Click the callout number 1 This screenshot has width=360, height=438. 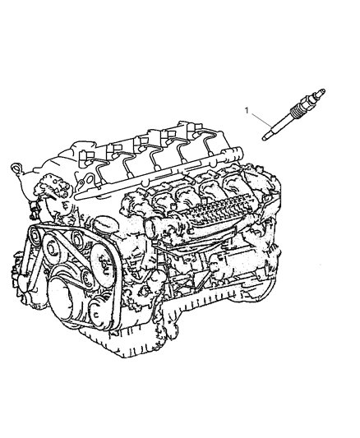pyautogui.click(x=247, y=111)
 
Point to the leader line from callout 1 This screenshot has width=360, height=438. pyautogui.click(x=261, y=120)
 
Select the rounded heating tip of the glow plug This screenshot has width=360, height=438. pyautogui.click(x=265, y=138)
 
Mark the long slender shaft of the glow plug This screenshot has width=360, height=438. pyautogui.click(x=279, y=127)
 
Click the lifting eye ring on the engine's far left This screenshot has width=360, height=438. pyautogui.click(x=16, y=168)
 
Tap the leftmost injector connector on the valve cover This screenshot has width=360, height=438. pyautogui.click(x=85, y=155)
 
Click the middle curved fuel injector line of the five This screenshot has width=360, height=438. pyautogui.click(x=157, y=159)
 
